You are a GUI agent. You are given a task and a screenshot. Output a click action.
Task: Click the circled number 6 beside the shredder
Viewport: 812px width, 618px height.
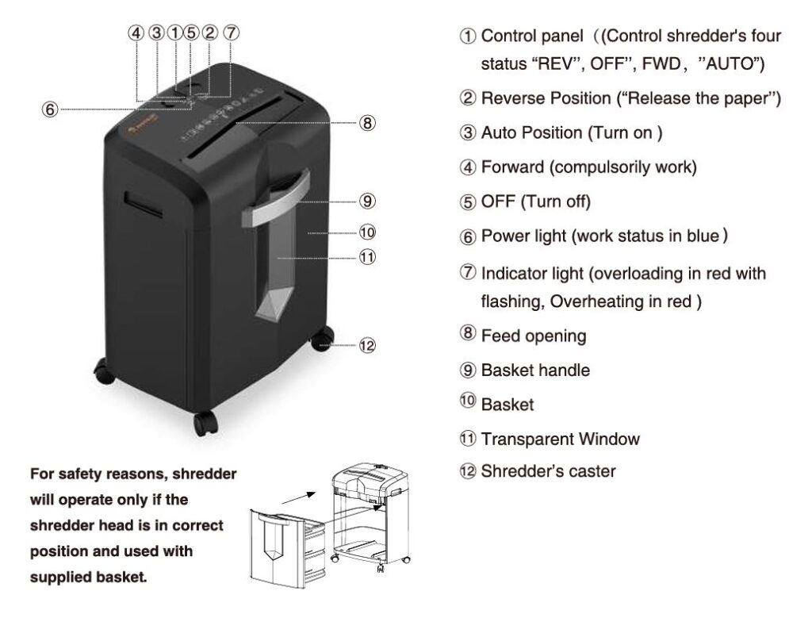pos(50,110)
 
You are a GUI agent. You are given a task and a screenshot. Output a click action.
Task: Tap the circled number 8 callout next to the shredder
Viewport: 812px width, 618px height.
pos(366,123)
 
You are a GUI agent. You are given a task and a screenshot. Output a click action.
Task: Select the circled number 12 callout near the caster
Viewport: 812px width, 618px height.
pos(366,345)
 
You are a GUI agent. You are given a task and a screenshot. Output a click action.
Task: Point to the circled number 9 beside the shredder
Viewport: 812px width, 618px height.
pos(366,200)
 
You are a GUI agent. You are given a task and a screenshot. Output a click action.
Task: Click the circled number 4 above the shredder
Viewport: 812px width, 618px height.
pos(137,33)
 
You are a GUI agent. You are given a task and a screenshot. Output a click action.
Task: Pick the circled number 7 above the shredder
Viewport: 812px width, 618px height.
pos(230,33)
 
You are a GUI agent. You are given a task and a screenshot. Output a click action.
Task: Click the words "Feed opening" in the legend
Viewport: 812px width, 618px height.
pos(534,336)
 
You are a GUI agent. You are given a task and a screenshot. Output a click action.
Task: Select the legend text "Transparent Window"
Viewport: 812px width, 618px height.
pos(560,439)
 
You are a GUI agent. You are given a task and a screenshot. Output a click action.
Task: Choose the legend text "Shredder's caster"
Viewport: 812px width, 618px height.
pos(548,471)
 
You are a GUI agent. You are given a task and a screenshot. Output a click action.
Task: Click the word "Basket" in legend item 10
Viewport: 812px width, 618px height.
pos(507,405)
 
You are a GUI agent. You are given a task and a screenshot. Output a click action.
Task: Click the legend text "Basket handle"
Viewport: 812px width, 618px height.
pos(535,370)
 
